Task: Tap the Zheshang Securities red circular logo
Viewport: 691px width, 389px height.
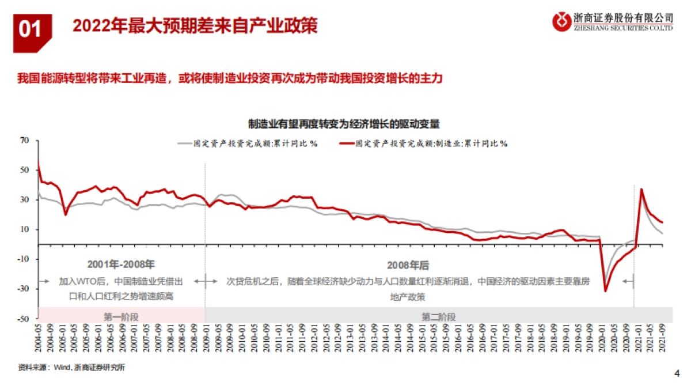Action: [561, 22]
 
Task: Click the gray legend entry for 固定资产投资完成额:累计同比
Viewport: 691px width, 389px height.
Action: [248, 143]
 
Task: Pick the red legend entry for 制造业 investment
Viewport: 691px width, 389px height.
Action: [423, 143]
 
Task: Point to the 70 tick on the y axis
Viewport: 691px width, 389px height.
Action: [24, 140]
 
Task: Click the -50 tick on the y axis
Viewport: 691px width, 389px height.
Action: [22, 318]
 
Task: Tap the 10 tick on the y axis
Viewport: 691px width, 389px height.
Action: [24, 229]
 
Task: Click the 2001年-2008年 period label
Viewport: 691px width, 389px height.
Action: [121, 265]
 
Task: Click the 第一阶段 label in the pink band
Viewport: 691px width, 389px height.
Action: [122, 316]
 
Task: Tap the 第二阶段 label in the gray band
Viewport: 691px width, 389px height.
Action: [438, 316]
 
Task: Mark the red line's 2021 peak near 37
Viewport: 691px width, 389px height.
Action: [641, 189]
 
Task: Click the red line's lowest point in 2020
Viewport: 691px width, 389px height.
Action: [605, 290]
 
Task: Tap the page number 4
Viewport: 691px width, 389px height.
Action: [677, 373]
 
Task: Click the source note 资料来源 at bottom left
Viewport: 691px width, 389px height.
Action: [71, 368]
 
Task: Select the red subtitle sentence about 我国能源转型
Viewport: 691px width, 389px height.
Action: [229, 79]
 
